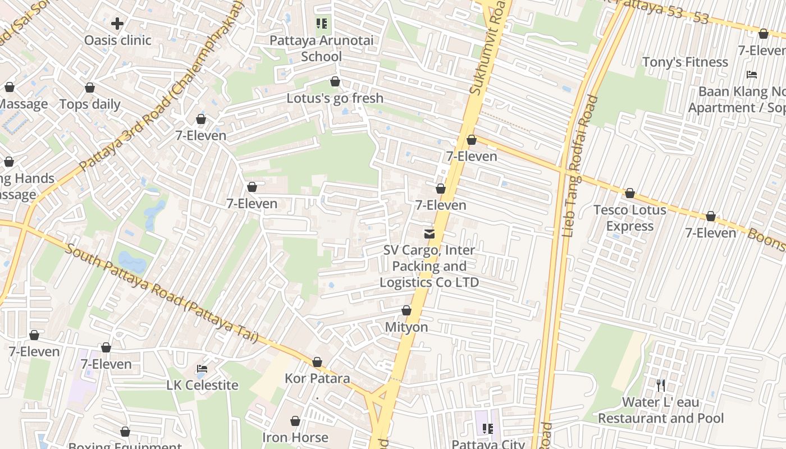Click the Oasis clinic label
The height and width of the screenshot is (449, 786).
(117, 40)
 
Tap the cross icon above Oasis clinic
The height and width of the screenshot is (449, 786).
(117, 24)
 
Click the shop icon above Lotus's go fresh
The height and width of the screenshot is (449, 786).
(335, 82)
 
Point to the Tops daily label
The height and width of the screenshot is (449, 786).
(90, 104)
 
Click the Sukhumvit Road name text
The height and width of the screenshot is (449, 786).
(483, 51)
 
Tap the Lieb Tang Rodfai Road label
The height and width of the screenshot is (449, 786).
(580, 166)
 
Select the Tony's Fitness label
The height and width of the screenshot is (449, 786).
(684, 62)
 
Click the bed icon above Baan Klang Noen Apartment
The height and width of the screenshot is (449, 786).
(752, 75)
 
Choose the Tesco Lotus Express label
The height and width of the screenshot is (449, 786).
(630, 218)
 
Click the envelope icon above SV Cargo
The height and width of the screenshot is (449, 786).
(429, 233)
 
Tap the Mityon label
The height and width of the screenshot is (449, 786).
(406, 327)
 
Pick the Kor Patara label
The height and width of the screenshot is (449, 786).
(317, 378)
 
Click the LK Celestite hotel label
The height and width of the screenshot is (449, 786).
(202, 386)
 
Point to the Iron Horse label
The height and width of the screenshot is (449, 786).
(295, 437)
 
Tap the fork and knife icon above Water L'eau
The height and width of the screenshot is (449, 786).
(661, 386)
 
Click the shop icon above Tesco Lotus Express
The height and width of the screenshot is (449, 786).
(630, 194)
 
